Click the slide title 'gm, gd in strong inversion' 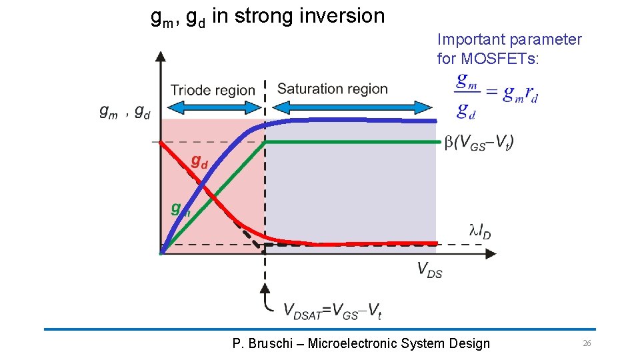coord(268,16)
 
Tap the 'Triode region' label coord(213,90)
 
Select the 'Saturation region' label coord(332,89)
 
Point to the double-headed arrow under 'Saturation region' coord(353,106)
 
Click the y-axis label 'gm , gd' coord(125,112)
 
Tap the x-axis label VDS coord(429,269)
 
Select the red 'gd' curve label coord(199,161)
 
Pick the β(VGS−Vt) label coord(479,142)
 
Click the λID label coord(480,231)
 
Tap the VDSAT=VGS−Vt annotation coord(333,310)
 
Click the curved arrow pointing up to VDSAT coord(267,299)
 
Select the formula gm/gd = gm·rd coord(497,95)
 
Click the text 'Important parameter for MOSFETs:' coord(509,49)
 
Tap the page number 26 coord(587,343)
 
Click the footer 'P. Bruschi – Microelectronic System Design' coord(361,344)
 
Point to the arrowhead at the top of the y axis coord(160,56)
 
